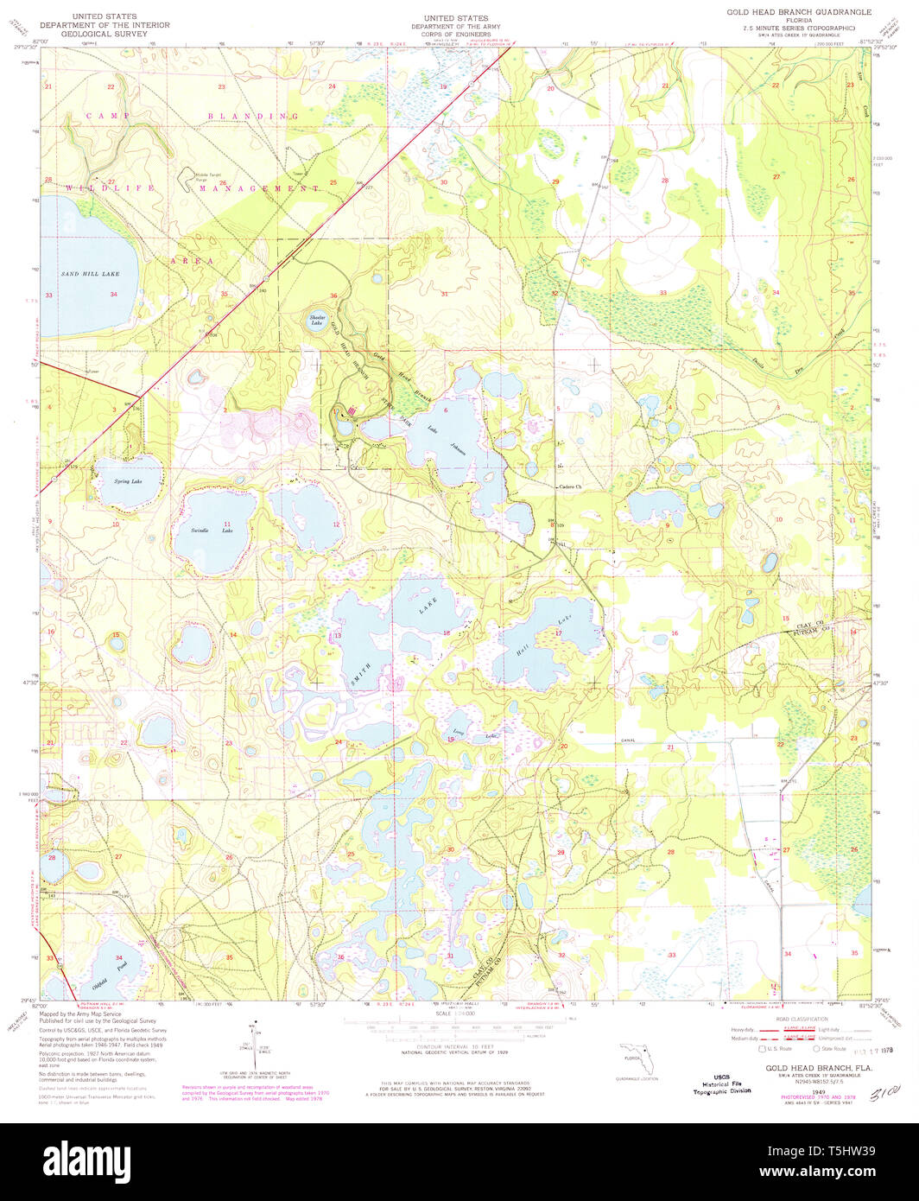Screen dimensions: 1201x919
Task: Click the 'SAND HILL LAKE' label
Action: pos(90,274)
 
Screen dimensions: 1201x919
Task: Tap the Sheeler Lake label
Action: pos(316,321)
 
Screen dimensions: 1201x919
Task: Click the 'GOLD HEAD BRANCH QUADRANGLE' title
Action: pos(799,12)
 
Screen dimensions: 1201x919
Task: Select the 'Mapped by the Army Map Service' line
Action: pos(86,1014)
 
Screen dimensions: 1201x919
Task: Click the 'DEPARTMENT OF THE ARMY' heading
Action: pos(455,27)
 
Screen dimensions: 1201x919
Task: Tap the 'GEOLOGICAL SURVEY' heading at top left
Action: pos(109,35)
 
